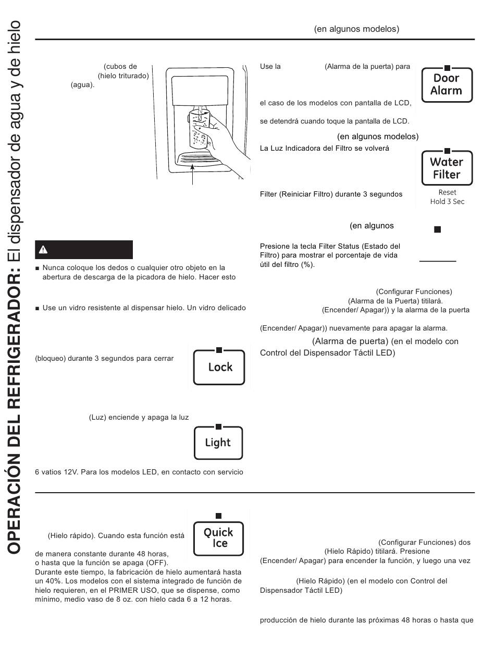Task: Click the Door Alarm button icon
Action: click(x=447, y=84)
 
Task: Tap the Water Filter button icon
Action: click(x=447, y=168)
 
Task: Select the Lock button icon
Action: click(x=219, y=367)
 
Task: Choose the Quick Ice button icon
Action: click(x=218, y=538)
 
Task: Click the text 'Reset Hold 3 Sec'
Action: click(x=447, y=197)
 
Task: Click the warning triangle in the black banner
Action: click(x=43, y=250)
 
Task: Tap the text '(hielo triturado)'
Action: click(x=123, y=76)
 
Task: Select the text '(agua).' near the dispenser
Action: click(x=83, y=84)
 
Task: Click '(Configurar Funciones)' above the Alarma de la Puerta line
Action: click(x=414, y=292)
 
